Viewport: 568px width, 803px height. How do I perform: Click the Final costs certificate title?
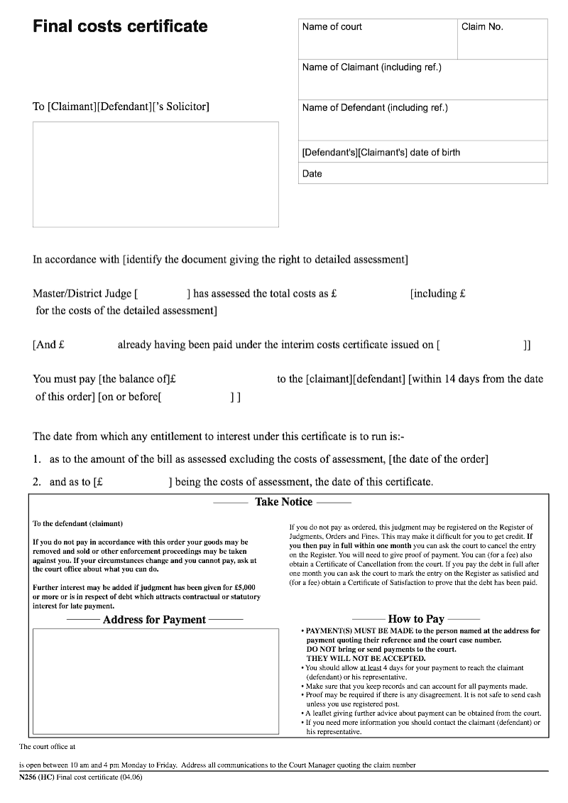point(120,27)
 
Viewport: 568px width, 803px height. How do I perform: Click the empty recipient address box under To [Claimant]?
point(155,174)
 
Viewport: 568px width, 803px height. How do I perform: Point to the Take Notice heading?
point(283,502)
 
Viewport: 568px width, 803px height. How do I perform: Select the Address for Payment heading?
point(154,620)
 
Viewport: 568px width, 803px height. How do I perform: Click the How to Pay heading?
point(415,619)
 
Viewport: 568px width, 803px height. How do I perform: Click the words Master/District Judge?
point(82,294)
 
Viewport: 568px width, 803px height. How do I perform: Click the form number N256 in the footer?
point(31,777)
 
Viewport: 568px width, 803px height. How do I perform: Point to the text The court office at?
point(47,746)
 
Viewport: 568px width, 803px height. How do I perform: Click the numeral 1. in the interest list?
point(37,459)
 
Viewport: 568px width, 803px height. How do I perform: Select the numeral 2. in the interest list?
point(37,482)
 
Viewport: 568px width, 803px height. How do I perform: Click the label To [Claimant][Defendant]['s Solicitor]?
point(121,107)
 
